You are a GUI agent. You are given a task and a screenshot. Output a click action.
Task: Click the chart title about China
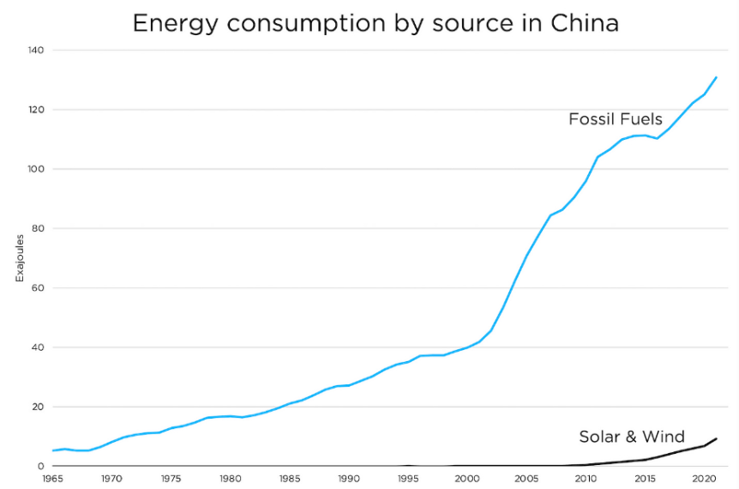pos(376,23)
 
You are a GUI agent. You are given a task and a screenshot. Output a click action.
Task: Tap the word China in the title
pos(582,23)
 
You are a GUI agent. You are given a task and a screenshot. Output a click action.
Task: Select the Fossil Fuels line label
pos(616,119)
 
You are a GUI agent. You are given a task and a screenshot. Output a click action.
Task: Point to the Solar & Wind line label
pos(632,437)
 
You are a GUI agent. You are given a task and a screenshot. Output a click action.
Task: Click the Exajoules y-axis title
pos(20,258)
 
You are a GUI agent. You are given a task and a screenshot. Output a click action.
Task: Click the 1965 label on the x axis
pos(52,477)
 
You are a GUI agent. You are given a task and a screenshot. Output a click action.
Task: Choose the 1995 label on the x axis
pos(407,477)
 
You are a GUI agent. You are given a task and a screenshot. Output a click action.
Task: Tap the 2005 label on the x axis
pos(526,477)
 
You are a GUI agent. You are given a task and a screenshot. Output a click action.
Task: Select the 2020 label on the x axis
pos(703,477)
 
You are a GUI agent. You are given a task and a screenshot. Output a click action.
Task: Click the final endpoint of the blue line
pos(716,77)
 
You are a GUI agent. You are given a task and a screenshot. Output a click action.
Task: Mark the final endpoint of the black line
pos(716,438)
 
